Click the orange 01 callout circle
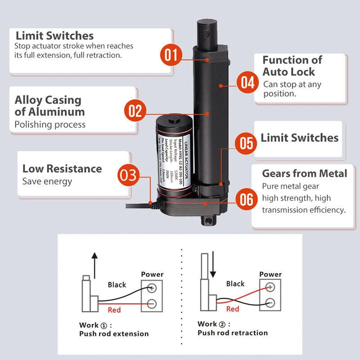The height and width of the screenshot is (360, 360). click(171, 55)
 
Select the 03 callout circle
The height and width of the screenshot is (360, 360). click(129, 175)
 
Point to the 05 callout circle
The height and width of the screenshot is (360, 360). click(246, 143)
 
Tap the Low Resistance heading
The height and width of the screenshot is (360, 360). click(62, 169)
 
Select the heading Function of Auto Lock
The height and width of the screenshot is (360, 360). click(292, 66)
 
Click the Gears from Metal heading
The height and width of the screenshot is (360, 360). click(304, 173)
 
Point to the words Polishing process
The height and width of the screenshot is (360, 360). click(50, 124)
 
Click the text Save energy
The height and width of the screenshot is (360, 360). click(47, 181)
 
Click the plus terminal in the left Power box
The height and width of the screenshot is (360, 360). click(152, 288)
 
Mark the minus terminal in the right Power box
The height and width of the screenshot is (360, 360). click(270, 301)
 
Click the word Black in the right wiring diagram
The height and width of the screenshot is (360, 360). click(235, 283)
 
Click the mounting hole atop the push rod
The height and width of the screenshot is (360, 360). click(207, 34)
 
